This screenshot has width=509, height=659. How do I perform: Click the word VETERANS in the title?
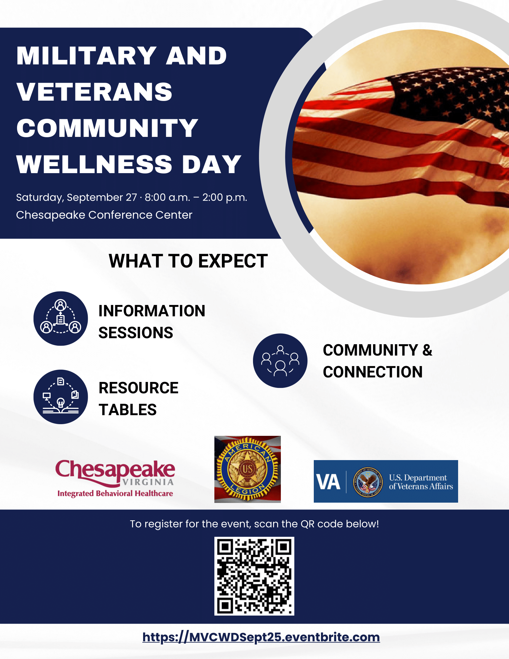point(94,92)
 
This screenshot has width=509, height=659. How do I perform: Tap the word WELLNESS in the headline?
point(94,164)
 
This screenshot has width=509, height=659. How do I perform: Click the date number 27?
point(131,197)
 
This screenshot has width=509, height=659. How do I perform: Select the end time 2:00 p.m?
point(225,198)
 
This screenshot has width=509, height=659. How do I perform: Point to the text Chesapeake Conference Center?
point(104,215)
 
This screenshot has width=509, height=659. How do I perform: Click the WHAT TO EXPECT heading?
point(188,261)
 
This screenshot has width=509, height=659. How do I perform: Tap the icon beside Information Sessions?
point(60,318)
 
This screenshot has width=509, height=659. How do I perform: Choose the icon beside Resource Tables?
point(60,397)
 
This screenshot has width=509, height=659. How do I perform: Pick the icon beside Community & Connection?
point(280,361)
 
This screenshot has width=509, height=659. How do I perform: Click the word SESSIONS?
point(136,333)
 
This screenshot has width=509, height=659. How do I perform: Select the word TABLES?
point(128,410)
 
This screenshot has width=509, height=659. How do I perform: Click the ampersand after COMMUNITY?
point(427,350)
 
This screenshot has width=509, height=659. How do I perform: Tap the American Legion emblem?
point(248,469)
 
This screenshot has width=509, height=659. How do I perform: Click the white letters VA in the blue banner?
point(328,482)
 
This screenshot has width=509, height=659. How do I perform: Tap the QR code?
point(254,576)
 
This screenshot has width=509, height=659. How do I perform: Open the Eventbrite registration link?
point(261,637)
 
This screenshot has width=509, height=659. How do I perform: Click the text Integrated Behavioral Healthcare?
point(115,493)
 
